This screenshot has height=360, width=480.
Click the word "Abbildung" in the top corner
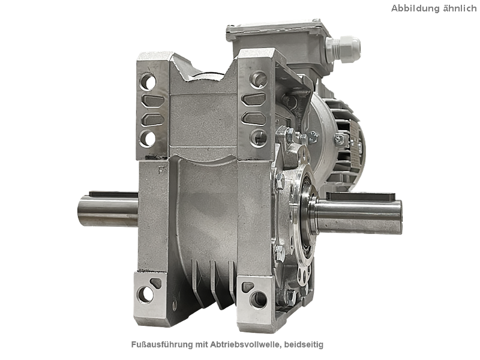click(415, 8)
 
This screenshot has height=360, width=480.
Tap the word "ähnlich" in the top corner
click(460, 8)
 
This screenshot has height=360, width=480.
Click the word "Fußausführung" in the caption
click(162, 344)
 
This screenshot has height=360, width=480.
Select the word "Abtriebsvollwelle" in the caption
click(245, 344)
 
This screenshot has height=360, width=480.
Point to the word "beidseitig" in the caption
click(304, 344)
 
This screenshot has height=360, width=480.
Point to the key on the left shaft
click(113, 194)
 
